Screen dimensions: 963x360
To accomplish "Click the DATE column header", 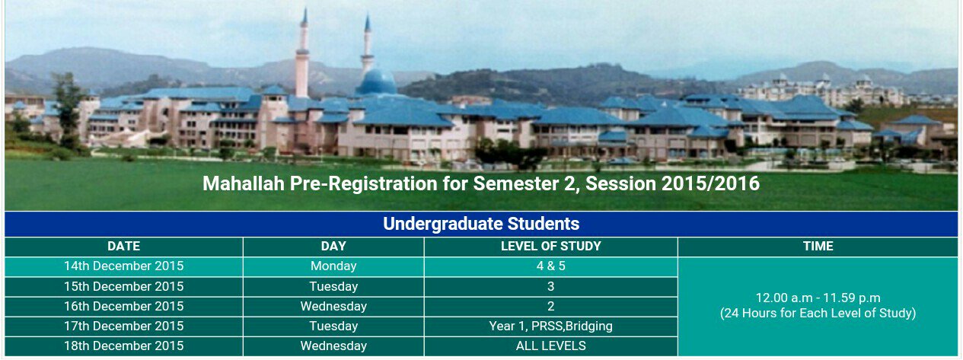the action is [x=124, y=246].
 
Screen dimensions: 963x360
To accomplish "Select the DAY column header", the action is [x=333, y=246].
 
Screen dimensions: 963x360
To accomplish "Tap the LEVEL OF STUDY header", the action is [x=550, y=246].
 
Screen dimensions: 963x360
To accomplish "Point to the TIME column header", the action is [x=818, y=246].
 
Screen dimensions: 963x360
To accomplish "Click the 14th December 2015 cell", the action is [x=124, y=266].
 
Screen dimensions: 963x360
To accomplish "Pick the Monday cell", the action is [x=333, y=266].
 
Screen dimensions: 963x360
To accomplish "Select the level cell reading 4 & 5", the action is [x=550, y=266].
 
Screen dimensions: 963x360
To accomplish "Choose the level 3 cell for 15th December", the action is [x=550, y=286].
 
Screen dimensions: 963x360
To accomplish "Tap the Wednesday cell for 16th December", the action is [x=333, y=306].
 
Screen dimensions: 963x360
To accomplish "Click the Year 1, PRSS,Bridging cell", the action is [x=550, y=326].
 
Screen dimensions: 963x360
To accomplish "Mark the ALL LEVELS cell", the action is [x=550, y=346].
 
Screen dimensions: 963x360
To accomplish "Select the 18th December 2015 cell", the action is [x=124, y=346].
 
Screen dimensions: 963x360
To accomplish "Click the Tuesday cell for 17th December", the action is [x=333, y=326].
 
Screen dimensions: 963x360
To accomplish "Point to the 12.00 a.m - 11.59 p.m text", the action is [x=818, y=298].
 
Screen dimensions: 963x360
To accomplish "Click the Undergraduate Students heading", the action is [x=481, y=224].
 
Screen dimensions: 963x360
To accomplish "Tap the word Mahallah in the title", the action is [x=244, y=183].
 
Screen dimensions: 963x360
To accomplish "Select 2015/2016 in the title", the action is [x=711, y=183].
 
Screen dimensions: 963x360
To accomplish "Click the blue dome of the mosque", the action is [x=377, y=81].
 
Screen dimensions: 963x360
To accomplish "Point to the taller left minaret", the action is [x=303, y=54].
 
